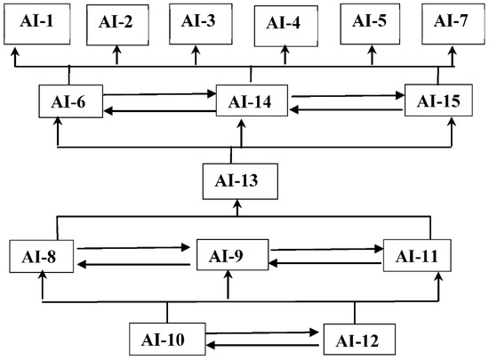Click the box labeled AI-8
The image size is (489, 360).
point(41,258)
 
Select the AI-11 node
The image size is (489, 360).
point(417,257)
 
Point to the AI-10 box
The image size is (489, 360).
point(167,338)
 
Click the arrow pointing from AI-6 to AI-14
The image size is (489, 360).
point(160,92)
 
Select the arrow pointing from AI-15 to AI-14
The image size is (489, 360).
point(347,110)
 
